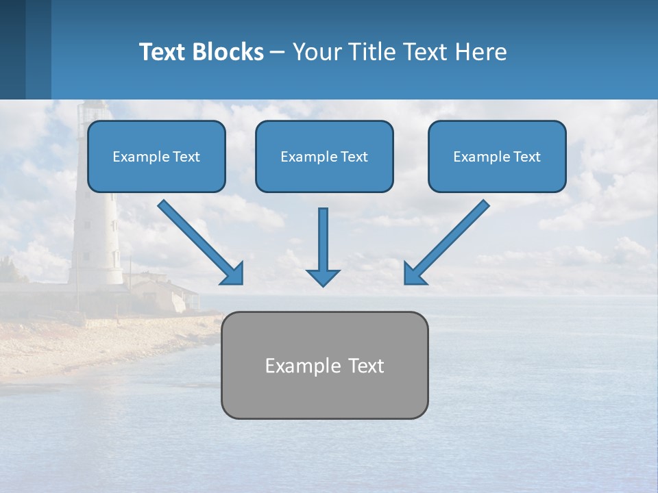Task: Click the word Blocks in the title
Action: coord(228,52)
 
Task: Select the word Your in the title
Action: coord(317,52)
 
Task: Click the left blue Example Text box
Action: coord(156,157)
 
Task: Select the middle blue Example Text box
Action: coord(324,157)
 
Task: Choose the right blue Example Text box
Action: coord(497,157)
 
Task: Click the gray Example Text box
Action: coord(324,366)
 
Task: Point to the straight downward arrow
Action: coord(323,243)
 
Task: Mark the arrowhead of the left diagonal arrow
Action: coord(234,274)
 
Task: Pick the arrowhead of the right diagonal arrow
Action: coord(414,274)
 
